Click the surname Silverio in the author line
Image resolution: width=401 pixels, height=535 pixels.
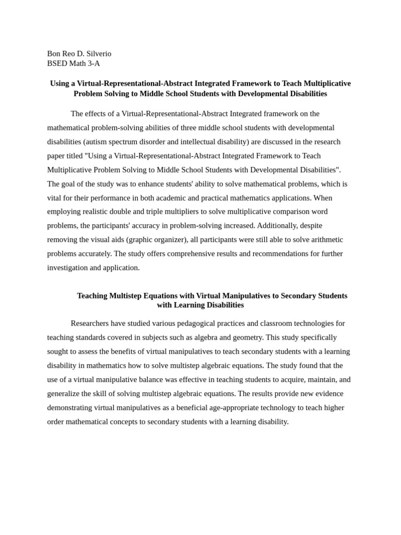click(x=97, y=54)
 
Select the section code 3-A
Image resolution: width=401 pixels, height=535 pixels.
click(x=93, y=64)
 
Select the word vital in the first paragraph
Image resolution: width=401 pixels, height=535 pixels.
click(x=55, y=198)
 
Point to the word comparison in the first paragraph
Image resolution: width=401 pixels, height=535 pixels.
click(x=289, y=212)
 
